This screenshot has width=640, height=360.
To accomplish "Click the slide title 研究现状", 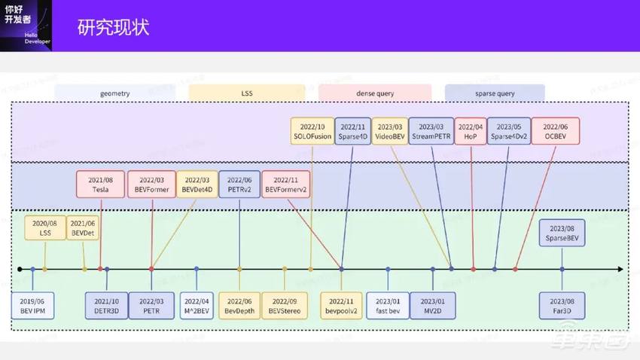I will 114,28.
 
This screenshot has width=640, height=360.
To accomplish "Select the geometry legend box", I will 114,93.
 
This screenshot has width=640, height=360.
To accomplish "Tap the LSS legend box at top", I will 247,93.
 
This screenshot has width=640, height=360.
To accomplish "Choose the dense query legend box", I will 375,93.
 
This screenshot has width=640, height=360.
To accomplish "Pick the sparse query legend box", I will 495,93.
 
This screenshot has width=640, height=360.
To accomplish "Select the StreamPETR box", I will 432,132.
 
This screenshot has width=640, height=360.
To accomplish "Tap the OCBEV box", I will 556,132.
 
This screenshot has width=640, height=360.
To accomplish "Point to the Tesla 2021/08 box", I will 100,185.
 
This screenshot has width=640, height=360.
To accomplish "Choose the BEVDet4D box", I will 197,185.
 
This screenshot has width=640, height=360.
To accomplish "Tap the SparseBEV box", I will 562,233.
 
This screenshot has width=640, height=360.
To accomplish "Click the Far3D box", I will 562,306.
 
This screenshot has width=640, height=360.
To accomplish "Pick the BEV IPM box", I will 33,306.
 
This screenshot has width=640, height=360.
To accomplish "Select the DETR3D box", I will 107,306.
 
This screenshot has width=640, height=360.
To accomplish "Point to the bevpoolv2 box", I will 342,306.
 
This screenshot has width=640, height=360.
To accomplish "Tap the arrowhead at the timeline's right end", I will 619,269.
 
